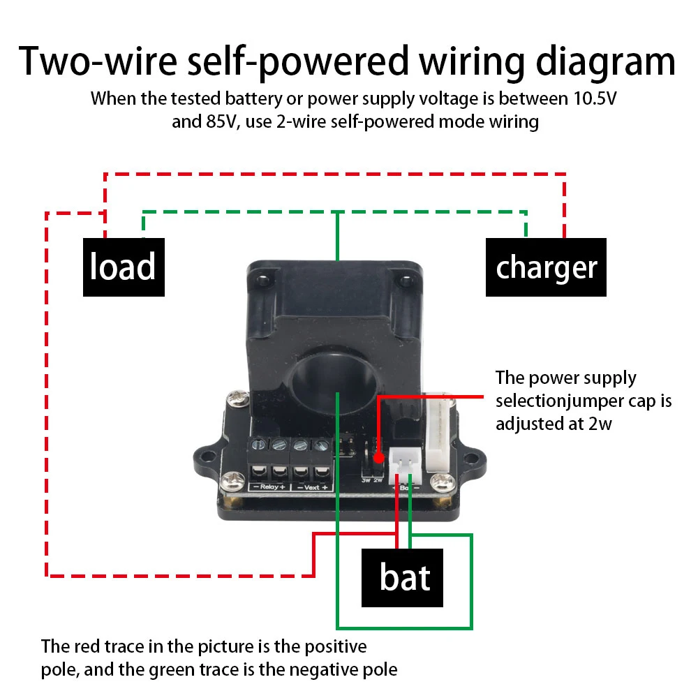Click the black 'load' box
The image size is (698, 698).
(124, 267)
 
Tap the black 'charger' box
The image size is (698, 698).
(546, 267)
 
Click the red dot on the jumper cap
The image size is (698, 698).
(378, 459)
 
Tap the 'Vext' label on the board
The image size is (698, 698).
(311, 487)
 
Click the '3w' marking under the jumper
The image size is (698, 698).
(365, 480)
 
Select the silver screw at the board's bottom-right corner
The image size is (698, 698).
(440, 481)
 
